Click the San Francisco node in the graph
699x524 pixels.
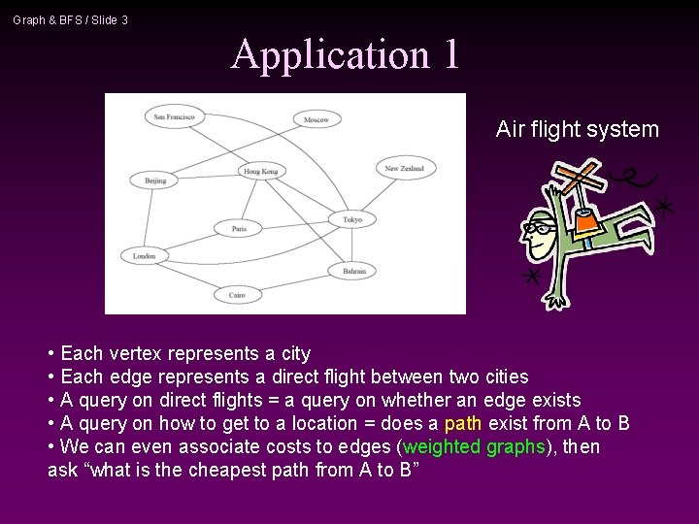(x=175, y=116)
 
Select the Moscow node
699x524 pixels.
(x=316, y=119)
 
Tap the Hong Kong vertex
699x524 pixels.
(x=260, y=171)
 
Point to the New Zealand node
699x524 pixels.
(x=405, y=168)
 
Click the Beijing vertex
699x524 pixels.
(x=155, y=180)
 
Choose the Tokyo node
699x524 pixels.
(x=351, y=219)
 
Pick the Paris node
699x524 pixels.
(x=239, y=229)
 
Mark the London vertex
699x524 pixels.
(x=145, y=256)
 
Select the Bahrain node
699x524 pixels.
(x=353, y=271)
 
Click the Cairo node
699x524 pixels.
(x=238, y=294)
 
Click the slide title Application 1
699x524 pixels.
(x=345, y=54)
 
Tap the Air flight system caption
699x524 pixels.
(x=577, y=129)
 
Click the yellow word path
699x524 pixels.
(x=463, y=423)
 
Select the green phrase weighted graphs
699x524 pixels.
(x=476, y=446)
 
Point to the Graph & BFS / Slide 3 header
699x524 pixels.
(x=70, y=19)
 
